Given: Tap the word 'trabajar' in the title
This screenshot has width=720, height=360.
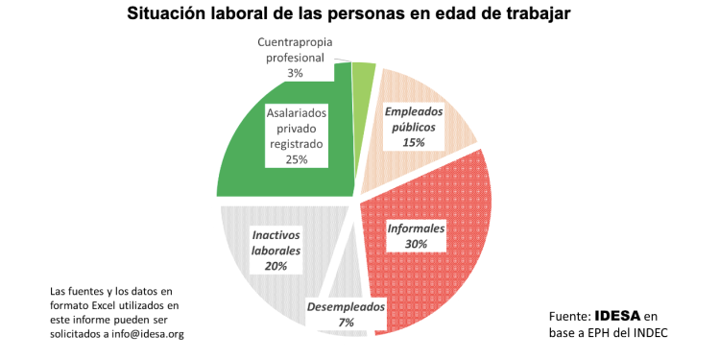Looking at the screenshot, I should click(551, 15).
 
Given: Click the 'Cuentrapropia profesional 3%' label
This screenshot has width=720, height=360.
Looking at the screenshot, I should click(297, 58).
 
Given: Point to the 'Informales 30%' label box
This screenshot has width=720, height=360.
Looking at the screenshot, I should click(416, 237).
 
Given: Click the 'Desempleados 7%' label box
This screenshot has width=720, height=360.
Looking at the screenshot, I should click(346, 315).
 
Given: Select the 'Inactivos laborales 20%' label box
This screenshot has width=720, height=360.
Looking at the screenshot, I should click(276, 250).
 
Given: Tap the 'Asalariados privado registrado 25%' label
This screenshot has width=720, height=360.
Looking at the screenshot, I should click(297, 136).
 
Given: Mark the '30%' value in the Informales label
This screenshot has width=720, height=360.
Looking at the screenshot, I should click(416, 246).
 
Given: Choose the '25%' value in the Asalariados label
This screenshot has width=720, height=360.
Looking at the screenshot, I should click(297, 159).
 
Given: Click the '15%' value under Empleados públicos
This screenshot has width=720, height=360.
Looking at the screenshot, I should click(414, 142).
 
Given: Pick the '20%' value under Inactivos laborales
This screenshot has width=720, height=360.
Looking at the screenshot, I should click(276, 266).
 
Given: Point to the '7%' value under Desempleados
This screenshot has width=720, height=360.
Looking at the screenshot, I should click(346, 324).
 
